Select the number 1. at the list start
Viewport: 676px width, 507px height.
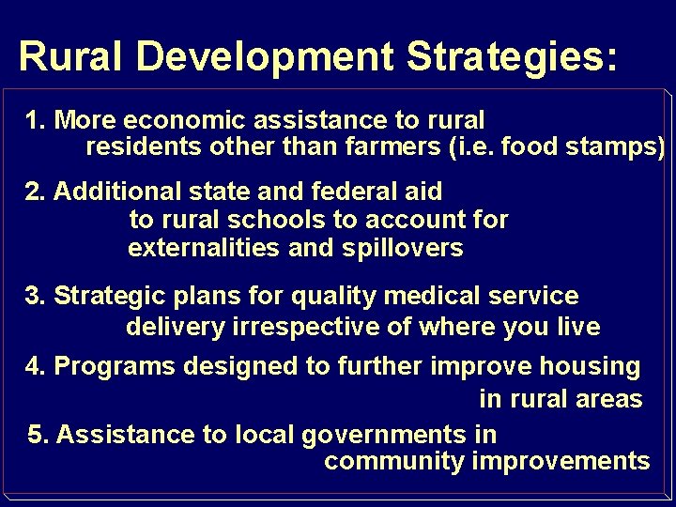[x=37, y=121]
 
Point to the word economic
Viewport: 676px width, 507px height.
[x=179, y=121]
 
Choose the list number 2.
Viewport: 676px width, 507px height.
[x=36, y=192]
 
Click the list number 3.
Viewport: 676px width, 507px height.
[x=36, y=297]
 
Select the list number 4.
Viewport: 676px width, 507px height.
[x=36, y=367]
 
